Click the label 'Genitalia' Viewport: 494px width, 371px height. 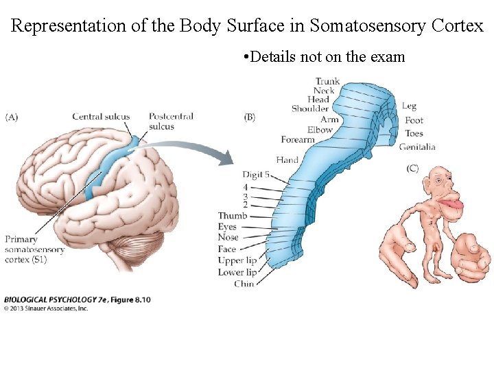tap(416, 146)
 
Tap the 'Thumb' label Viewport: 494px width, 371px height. tap(233, 216)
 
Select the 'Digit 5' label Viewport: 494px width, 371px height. tap(257, 175)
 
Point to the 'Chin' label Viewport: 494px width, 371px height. tap(244, 283)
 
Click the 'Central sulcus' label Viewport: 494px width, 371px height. tap(101, 116)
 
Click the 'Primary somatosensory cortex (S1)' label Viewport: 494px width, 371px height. tap(35, 249)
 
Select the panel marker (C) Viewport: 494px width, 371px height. tap(412, 168)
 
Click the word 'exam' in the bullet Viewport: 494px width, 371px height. tap(388, 57)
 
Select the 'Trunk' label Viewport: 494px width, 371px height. tap(327, 82)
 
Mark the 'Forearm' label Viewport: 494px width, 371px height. tap(298, 139)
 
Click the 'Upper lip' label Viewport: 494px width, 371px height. tap(237, 260)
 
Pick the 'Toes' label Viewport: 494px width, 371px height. tap(414, 133)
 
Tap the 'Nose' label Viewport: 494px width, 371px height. tap(228, 238)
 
